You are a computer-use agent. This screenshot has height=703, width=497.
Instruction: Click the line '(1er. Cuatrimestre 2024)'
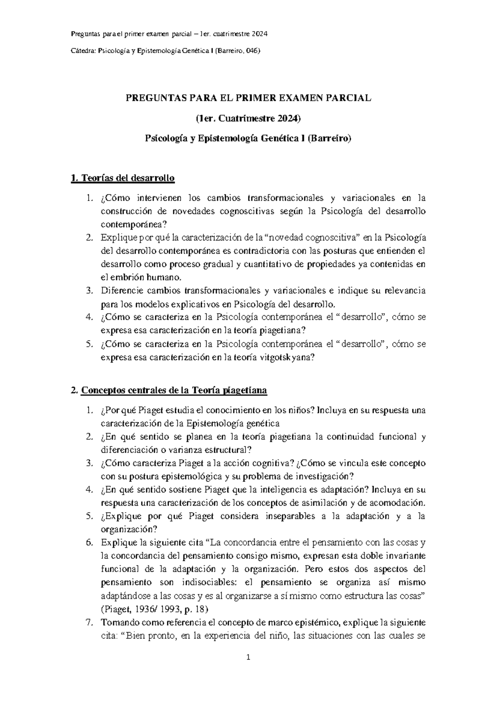(x=248, y=119)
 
